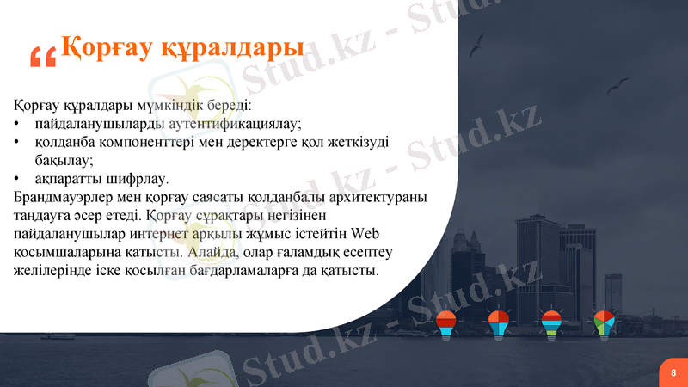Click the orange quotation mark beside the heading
tap(42, 56)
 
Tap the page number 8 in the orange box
tap(673, 372)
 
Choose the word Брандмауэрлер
tap(66, 198)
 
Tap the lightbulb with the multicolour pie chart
tap(604, 323)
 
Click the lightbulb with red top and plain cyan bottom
tap(445, 323)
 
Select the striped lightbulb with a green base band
tap(551, 323)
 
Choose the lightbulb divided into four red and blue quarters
tap(498, 323)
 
